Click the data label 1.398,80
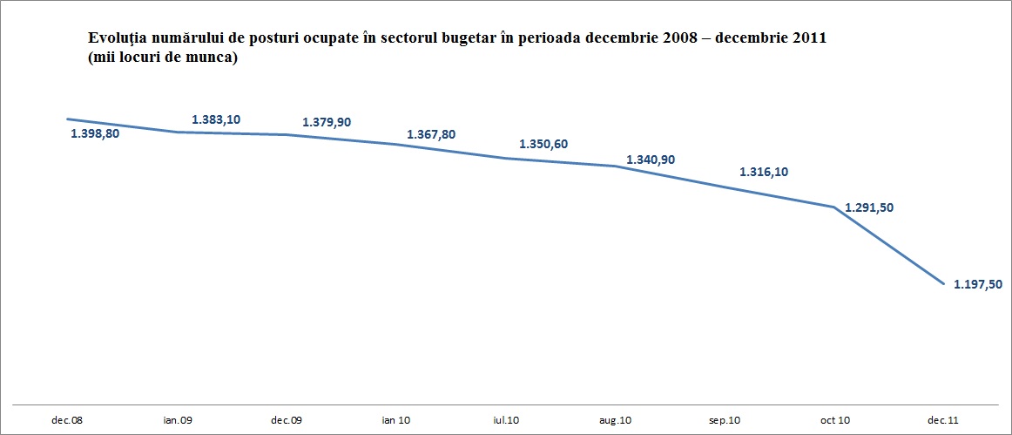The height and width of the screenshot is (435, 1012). (x=94, y=133)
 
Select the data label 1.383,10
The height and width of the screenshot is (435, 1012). (x=216, y=119)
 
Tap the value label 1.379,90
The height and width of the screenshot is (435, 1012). (x=327, y=122)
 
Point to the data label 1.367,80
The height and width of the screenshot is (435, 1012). (x=431, y=134)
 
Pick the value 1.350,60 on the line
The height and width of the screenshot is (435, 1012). (x=543, y=144)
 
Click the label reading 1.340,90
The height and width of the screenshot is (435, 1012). (x=651, y=160)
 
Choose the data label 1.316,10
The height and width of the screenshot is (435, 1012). (x=764, y=173)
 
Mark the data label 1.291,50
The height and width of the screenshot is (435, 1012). (x=869, y=207)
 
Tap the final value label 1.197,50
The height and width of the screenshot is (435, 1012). (x=978, y=284)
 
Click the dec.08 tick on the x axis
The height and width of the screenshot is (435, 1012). (x=67, y=420)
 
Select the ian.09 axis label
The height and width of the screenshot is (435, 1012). (x=178, y=420)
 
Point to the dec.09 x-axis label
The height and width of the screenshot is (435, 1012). (x=287, y=420)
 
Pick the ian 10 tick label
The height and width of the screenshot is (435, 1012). (x=396, y=420)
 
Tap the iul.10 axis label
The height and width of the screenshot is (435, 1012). (x=507, y=420)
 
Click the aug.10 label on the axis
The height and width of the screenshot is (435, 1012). (x=616, y=420)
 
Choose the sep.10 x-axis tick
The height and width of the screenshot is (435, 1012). (x=725, y=420)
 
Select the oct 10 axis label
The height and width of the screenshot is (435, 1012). (x=835, y=420)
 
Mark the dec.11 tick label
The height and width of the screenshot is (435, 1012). (x=944, y=420)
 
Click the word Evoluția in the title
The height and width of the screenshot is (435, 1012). (x=115, y=39)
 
